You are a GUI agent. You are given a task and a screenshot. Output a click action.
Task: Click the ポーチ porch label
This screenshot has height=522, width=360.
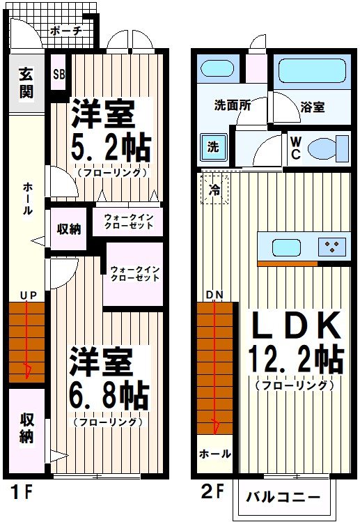point(67,31)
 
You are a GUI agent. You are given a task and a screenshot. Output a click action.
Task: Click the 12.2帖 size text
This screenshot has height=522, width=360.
point(295,360)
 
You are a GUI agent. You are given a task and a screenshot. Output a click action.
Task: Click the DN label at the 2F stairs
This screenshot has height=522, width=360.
point(214,295)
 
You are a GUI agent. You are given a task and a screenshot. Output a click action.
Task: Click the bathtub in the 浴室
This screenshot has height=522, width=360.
point(312,71)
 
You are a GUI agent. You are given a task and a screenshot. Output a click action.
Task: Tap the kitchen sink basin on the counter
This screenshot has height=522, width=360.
point(285,247)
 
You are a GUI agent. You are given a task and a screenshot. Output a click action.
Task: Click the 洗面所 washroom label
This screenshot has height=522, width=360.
point(233,107)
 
